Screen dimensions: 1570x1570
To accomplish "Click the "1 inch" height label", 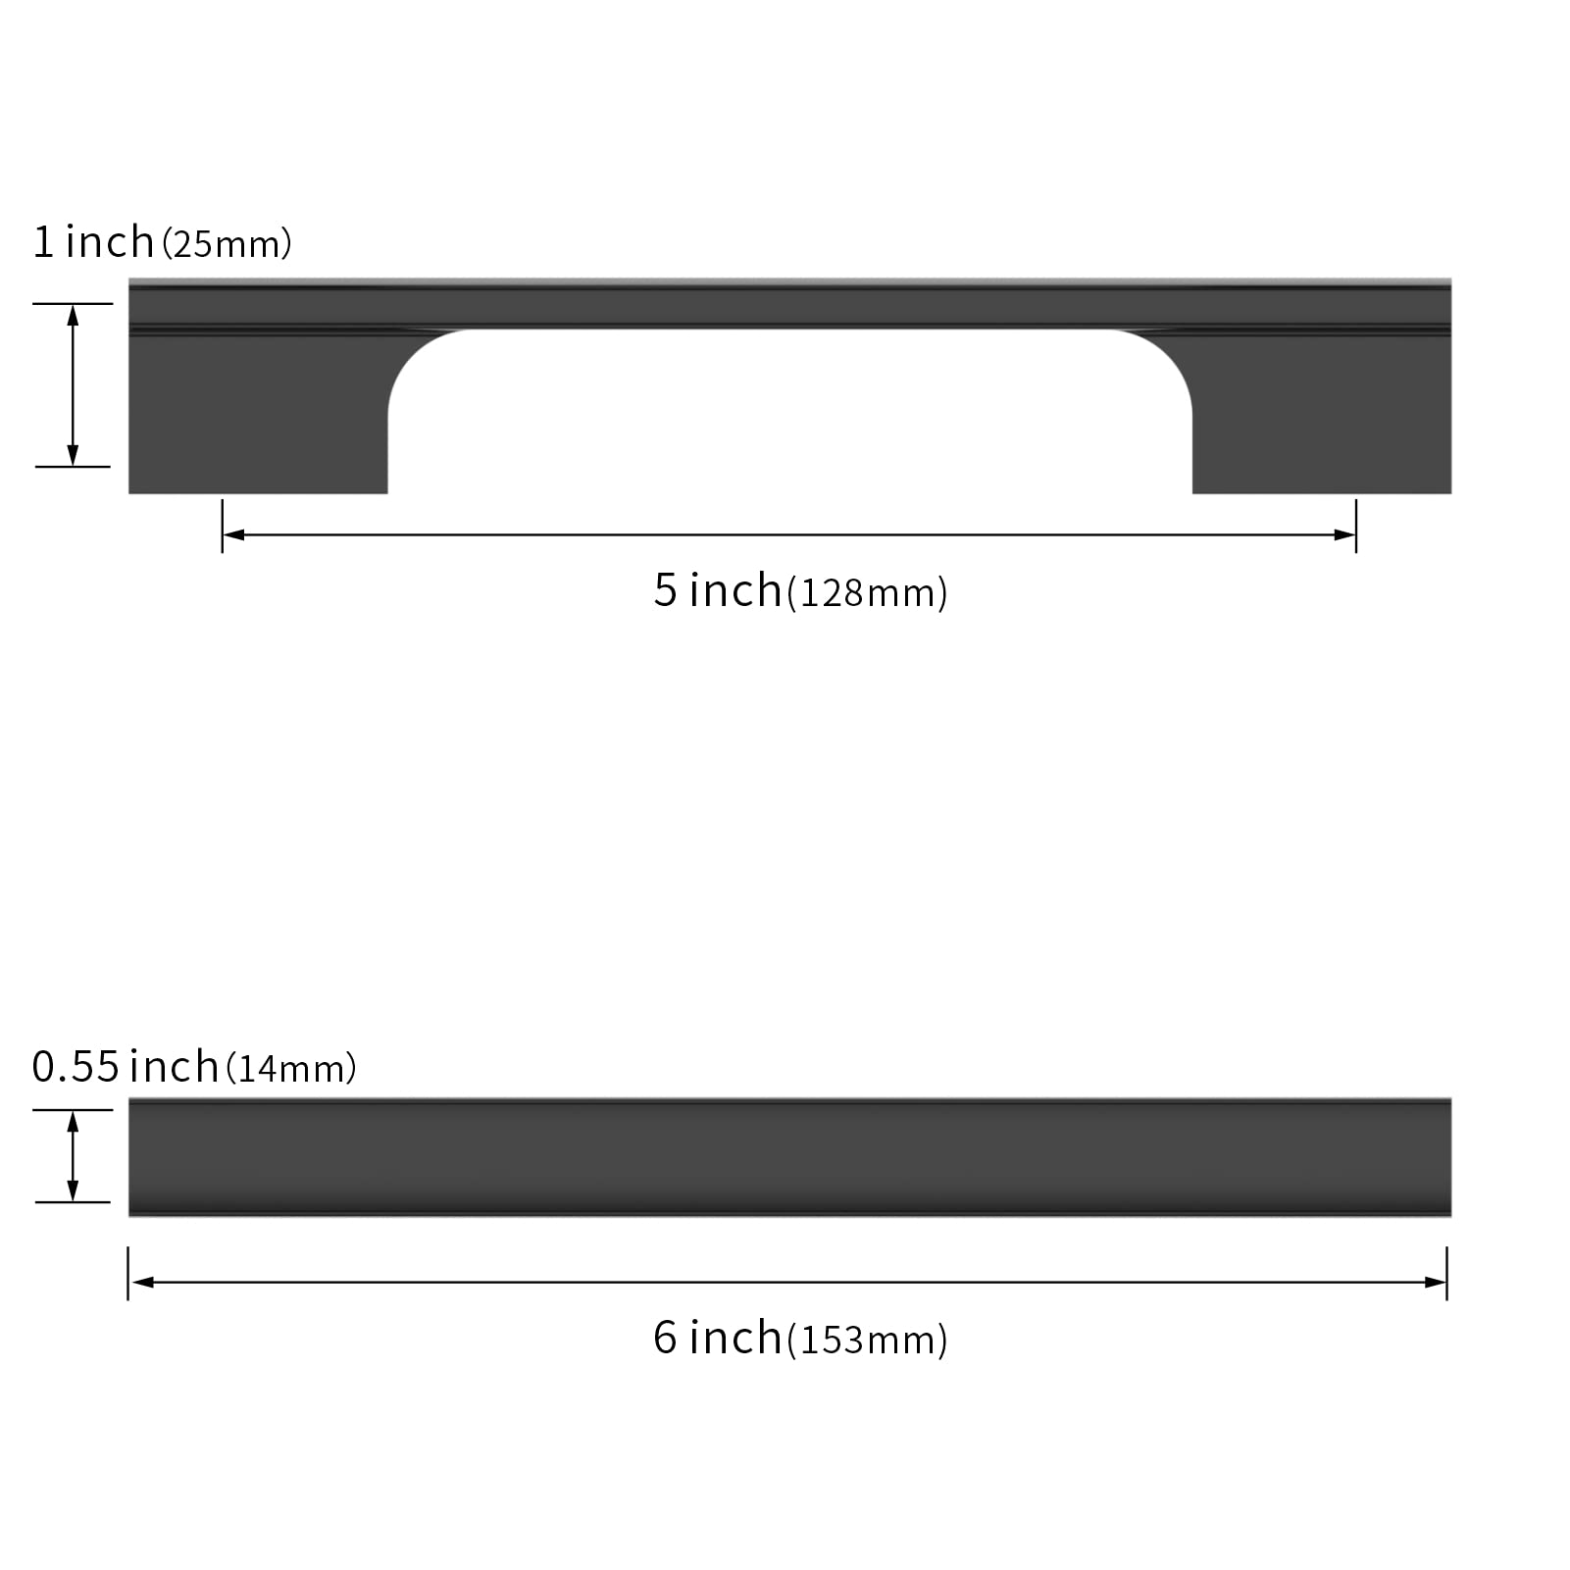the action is tap(93, 242).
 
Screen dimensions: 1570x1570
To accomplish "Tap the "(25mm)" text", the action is tap(227, 244).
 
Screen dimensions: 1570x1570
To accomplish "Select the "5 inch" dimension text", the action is tap(718, 590).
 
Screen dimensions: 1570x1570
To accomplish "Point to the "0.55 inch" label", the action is tap(125, 1067).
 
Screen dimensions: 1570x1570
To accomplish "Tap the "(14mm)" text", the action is tap(291, 1069).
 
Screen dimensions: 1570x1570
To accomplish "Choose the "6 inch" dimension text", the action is tap(718, 1338).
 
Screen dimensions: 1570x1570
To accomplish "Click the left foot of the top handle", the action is tap(258, 412).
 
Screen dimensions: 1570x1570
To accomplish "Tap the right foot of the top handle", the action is tap(1322, 412).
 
